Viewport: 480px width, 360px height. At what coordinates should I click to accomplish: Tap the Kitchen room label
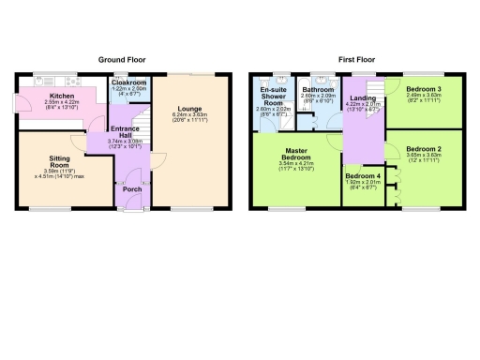click(x=64, y=96)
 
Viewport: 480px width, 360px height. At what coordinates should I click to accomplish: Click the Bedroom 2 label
click(x=424, y=149)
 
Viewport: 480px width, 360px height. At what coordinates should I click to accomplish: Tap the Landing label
click(x=361, y=97)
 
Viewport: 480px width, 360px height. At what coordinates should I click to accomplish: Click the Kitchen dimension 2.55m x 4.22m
click(x=64, y=102)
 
